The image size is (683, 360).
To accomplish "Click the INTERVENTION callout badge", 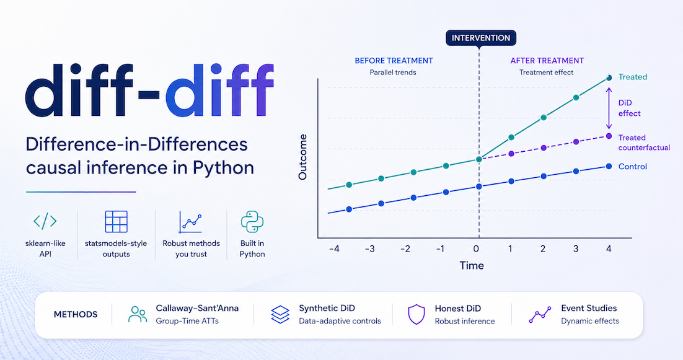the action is point(481,38).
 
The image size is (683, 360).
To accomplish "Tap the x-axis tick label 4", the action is point(609,249).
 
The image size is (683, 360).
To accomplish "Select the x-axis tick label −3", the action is point(369,249).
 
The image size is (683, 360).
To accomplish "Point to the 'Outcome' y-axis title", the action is point(302,157).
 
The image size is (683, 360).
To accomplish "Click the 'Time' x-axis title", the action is point(472,266).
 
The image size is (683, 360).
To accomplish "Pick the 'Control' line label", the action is point(632,167).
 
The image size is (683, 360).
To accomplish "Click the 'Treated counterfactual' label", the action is point(644,143).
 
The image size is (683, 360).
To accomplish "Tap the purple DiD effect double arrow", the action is point(609,108).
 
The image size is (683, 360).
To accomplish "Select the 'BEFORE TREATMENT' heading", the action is point(394,61).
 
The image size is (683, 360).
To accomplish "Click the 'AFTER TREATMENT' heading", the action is point(547,61).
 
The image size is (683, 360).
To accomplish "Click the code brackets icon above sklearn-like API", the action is point(45,221).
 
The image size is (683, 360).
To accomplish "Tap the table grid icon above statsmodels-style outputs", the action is point(117,222).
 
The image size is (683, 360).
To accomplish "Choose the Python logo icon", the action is point(252,222).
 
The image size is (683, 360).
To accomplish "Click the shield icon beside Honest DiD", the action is point(416,314).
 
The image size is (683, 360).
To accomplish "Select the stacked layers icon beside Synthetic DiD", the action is point(280,314).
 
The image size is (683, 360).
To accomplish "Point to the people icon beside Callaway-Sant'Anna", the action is point(138,314).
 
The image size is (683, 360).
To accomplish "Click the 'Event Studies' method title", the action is point(589,308).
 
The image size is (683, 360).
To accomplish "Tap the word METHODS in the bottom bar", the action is point(76,314).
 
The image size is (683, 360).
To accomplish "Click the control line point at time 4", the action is point(609,166).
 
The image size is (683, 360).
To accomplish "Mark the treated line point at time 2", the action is point(544,118).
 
